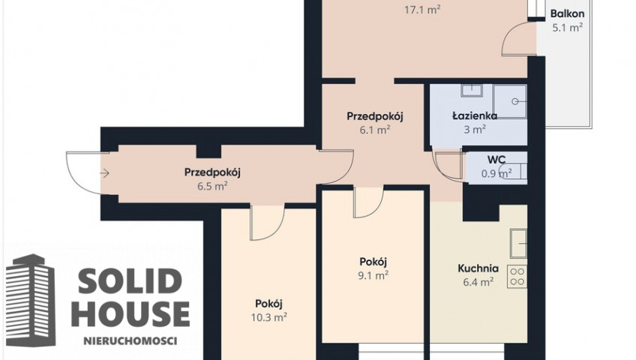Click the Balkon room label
[567, 13]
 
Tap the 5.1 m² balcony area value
[568, 28]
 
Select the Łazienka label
[475, 116]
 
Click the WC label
[496, 159]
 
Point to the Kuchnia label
[478, 268]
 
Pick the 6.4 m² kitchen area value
[478, 282]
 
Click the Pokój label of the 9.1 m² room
[373, 262]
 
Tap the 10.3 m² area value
[269, 317]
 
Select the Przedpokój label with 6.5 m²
[212, 172]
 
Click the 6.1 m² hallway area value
[375, 130]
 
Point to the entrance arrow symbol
[105, 173]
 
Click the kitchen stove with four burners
[517, 277]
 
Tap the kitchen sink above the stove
[519, 243]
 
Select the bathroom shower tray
[510, 101]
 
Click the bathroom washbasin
[471, 90]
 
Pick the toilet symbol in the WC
[514, 172]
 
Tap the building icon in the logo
[31, 301]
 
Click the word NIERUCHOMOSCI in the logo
[130, 340]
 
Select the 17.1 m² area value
[422, 10]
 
